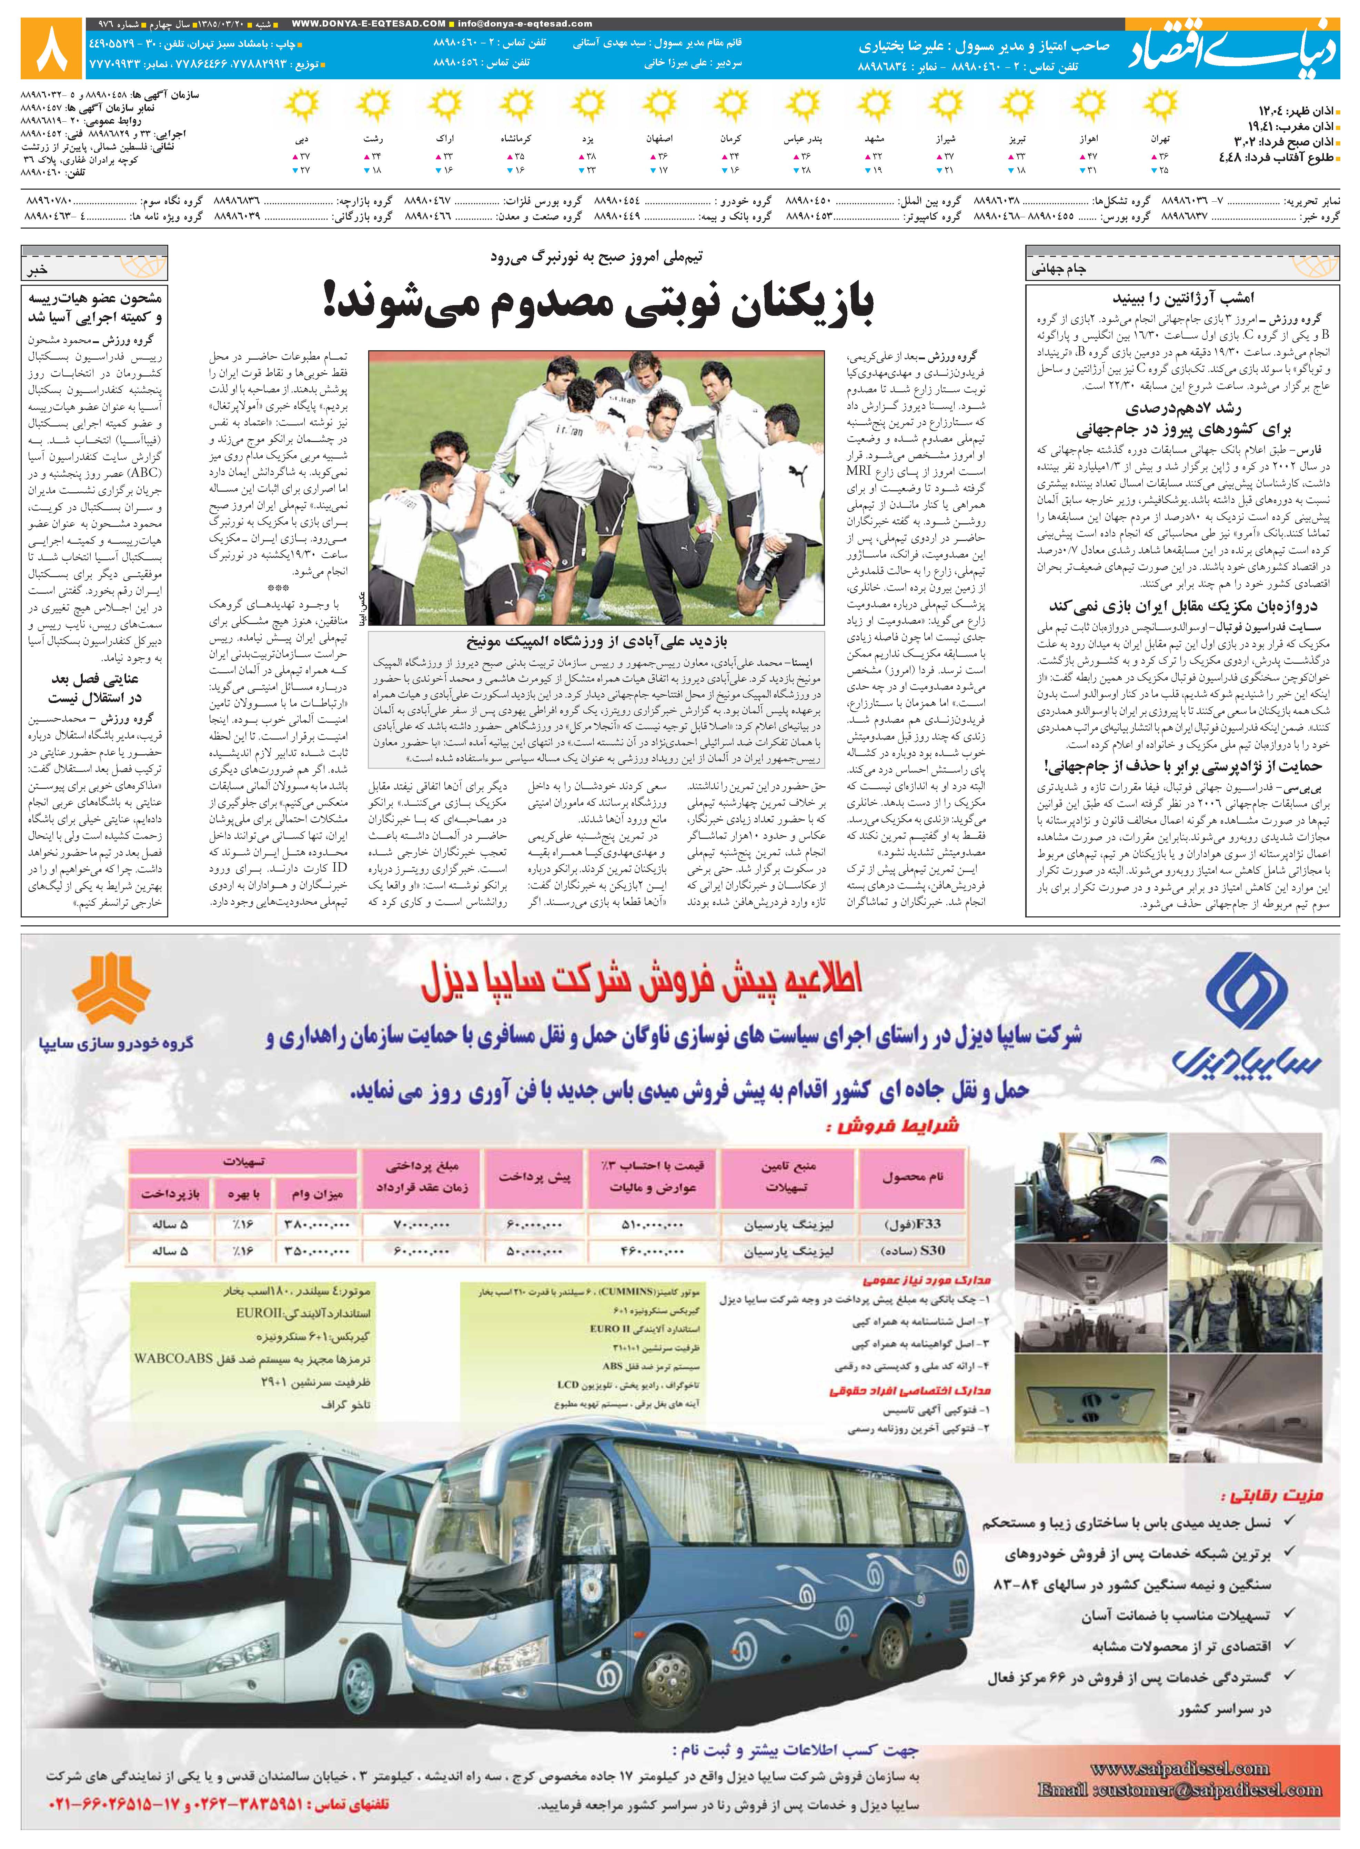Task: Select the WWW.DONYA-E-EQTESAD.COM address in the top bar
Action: click(369, 24)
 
